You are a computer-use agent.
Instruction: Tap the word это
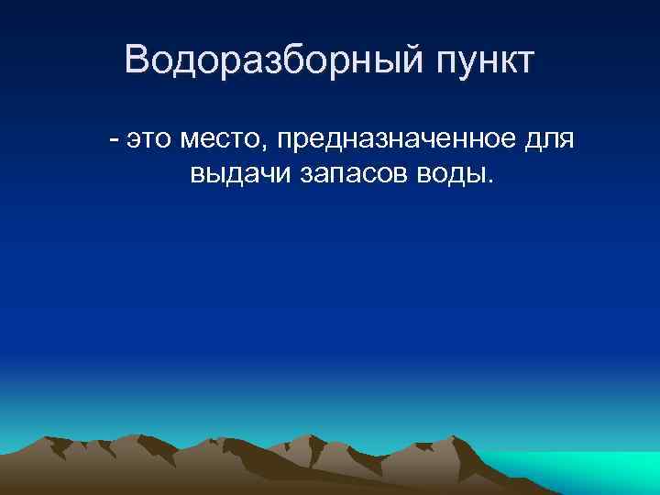click(149, 140)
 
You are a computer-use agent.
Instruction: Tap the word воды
click(452, 175)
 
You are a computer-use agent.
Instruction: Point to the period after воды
click(489, 181)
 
